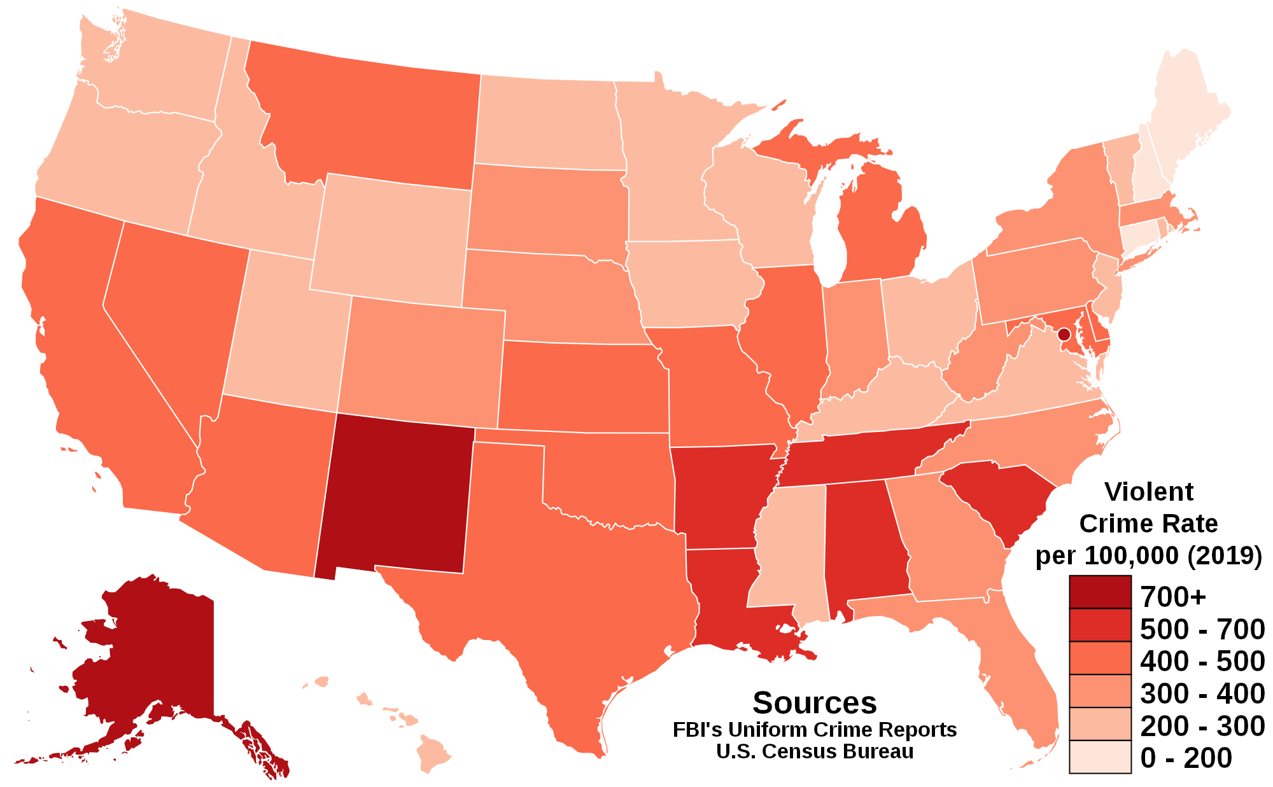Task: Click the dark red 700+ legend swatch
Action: tap(1100, 592)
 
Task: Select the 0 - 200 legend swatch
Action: tap(1100, 757)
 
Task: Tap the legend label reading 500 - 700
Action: tap(1202, 629)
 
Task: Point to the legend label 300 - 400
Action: tap(1202, 693)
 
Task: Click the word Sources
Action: tap(814, 703)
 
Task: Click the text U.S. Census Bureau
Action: tap(814, 751)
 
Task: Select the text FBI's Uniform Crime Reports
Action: tap(814, 729)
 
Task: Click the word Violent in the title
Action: tap(1148, 492)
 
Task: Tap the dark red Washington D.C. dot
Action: tap(1063, 334)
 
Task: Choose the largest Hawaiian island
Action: tap(433, 754)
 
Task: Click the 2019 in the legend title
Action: tap(1223, 555)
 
